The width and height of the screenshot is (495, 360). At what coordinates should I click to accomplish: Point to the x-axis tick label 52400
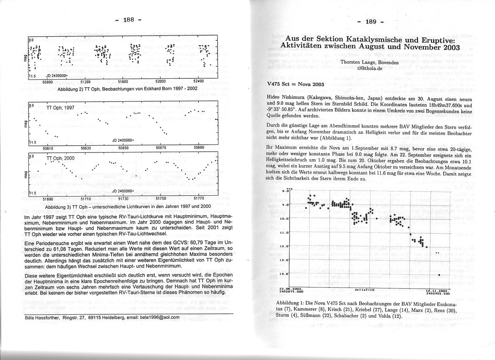(x=198, y=81)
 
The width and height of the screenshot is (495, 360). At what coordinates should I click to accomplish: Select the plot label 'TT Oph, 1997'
(x=60, y=108)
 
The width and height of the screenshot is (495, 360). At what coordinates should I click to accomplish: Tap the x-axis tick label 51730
(x=123, y=198)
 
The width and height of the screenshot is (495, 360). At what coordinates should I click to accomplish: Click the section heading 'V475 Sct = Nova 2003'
(x=296, y=84)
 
